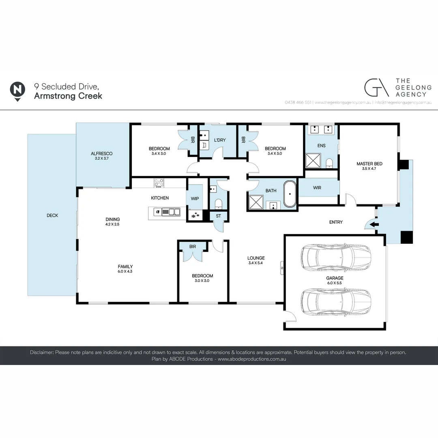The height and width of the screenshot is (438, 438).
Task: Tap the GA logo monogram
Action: pyautogui.click(x=376, y=87)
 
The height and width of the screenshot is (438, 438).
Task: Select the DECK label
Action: pyautogui.click(x=52, y=215)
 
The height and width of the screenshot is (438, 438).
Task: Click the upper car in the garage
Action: pyautogui.click(x=336, y=258)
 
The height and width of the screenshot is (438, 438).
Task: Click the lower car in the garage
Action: pyautogui.click(x=336, y=301)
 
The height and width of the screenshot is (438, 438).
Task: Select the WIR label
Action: pyautogui.click(x=317, y=188)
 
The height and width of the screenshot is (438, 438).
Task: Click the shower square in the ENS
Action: pyautogui.click(x=313, y=160)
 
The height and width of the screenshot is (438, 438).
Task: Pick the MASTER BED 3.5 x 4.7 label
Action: pyautogui.click(x=369, y=166)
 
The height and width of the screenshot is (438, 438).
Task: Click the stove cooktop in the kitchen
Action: pyautogui.click(x=159, y=183)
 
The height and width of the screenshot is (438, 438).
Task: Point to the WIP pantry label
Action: pyautogui.click(x=195, y=199)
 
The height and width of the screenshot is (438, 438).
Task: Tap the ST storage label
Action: pyautogui.click(x=218, y=216)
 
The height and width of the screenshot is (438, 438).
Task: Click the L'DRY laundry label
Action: pyautogui.click(x=219, y=140)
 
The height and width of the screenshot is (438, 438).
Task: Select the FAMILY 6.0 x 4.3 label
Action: pyautogui.click(x=125, y=269)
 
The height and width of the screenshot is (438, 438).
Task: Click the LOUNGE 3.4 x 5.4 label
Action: pyautogui.click(x=256, y=260)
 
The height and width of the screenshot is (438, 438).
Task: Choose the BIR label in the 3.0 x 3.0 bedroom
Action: pyautogui.click(x=193, y=246)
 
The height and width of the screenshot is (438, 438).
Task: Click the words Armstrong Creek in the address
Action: pyautogui.click(x=68, y=96)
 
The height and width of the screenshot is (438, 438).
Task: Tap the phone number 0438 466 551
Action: pyautogui.click(x=298, y=103)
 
